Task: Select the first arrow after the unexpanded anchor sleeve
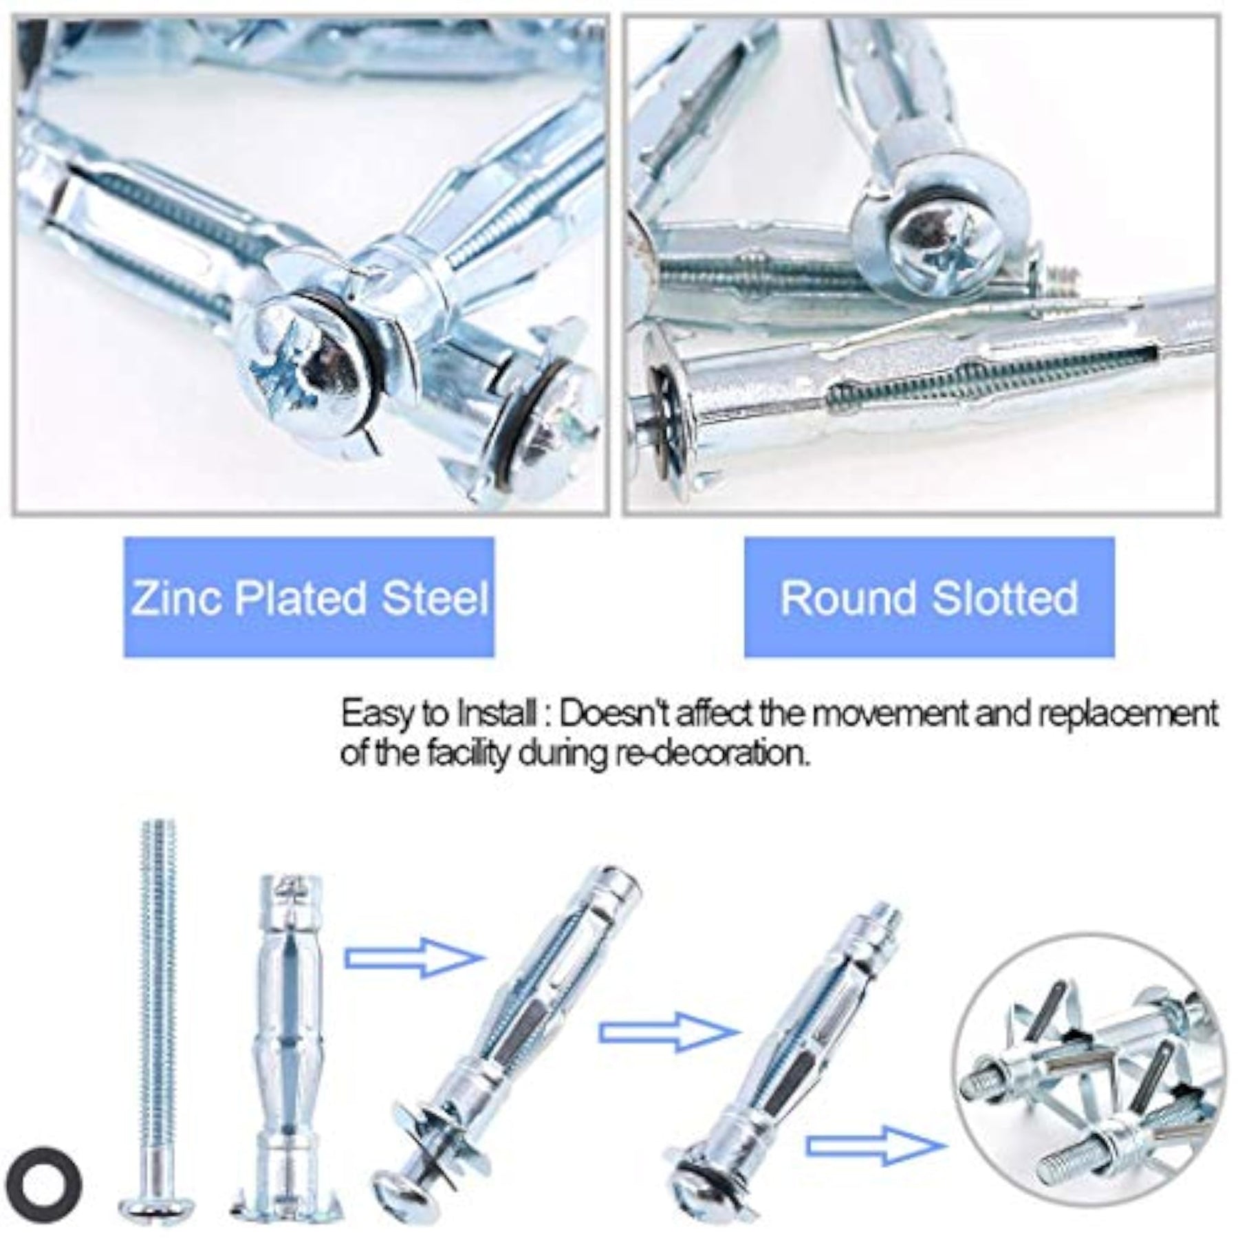[x=411, y=957]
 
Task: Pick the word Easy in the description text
[x=371, y=715]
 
